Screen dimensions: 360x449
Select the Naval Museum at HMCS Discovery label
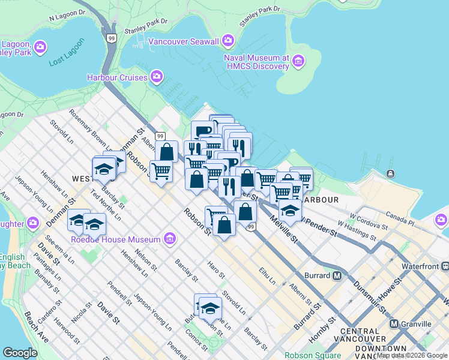257,61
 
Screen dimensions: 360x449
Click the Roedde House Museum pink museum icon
169,239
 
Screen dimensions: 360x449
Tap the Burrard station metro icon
337,275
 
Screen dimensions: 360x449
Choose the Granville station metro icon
394,323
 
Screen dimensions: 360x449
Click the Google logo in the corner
20,353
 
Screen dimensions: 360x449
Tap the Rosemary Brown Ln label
90,128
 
